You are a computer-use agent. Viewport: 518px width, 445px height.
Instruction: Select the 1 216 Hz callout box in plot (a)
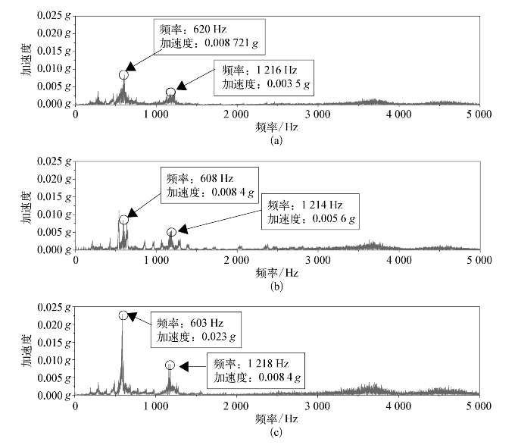(263, 76)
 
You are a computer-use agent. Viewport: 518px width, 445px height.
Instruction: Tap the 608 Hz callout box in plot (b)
(203, 184)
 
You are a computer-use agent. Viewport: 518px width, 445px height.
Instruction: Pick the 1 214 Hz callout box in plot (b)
(311, 212)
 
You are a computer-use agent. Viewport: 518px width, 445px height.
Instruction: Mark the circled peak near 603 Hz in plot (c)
(123, 315)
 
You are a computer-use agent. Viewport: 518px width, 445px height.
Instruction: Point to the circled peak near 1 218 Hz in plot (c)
(170, 365)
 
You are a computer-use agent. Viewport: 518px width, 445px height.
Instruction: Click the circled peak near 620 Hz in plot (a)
(123, 74)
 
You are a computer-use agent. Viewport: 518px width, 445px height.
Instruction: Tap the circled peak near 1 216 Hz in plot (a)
(171, 92)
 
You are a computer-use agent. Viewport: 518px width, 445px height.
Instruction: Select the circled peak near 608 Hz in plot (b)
(123, 220)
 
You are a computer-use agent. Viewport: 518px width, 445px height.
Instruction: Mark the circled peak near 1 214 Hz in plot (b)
(171, 232)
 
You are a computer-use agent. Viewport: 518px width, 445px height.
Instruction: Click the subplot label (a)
(276, 140)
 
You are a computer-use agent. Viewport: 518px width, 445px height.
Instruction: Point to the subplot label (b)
(276, 286)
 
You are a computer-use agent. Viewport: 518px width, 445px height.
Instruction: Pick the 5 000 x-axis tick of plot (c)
(478, 406)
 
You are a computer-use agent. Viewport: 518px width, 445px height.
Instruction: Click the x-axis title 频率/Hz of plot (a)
(276, 127)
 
